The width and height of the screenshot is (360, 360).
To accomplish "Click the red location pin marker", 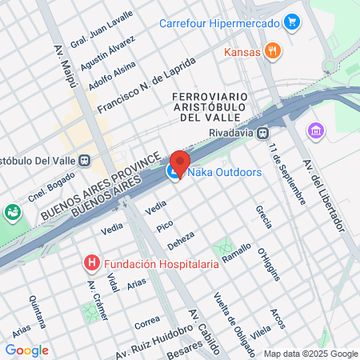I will coord(179,162).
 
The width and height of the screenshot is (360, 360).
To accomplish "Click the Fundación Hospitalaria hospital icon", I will coord(93,262).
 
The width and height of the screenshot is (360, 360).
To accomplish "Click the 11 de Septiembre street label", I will coord(287,173).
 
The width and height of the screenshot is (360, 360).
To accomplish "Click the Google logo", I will coord(26,350).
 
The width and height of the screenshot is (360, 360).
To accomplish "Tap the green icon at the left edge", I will coord(12,212).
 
